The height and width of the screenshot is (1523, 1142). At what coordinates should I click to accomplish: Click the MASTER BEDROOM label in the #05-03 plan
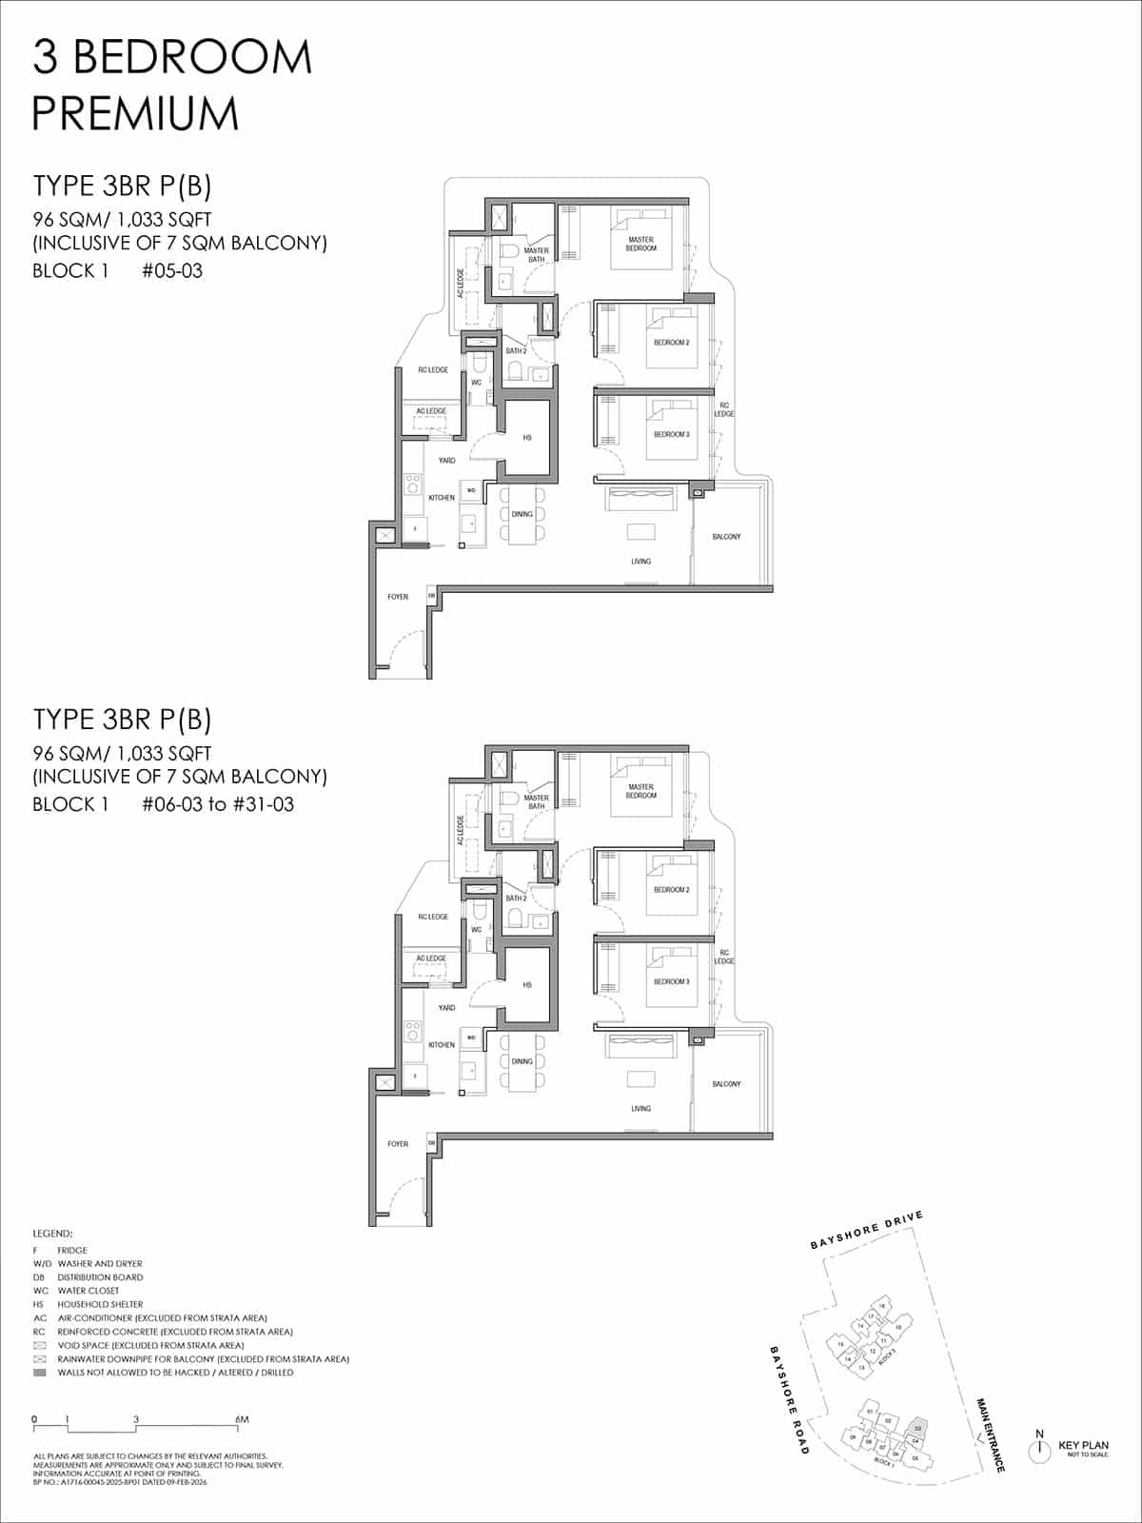tap(640, 244)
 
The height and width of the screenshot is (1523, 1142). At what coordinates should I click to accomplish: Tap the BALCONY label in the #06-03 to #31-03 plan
tap(726, 1084)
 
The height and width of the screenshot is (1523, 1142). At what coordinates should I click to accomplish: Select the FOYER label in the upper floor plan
tap(398, 597)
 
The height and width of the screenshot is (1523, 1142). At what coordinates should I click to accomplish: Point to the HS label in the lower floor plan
tap(526, 985)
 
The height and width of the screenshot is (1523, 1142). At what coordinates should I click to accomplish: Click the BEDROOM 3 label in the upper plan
tap(671, 434)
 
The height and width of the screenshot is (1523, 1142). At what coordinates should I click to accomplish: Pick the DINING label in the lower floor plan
tap(522, 1061)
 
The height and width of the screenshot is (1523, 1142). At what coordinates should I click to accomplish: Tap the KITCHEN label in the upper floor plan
tap(442, 498)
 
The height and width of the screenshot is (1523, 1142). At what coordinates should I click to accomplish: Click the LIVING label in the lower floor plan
tap(640, 1109)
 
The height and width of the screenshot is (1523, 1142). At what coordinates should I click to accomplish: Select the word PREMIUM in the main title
tap(135, 113)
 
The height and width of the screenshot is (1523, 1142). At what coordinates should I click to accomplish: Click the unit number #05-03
tap(172, 270)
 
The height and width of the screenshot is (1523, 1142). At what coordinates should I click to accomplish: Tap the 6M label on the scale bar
tap(242, 1419)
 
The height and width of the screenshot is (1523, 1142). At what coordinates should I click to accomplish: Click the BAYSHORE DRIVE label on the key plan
tap(866, 1230)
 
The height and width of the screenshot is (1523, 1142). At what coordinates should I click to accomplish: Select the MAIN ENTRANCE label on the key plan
tap(990, 1435)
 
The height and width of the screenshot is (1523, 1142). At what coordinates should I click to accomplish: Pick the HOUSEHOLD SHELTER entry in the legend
tap(100, 1304)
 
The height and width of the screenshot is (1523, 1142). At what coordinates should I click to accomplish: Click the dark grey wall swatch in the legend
tap(39, 1373)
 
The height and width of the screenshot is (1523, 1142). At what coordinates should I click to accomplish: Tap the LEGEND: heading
tap(52, 1234)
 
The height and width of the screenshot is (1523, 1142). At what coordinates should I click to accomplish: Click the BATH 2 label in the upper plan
tap(516, 351)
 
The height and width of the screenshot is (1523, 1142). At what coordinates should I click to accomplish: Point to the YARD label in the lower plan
tap(446, 1007)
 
